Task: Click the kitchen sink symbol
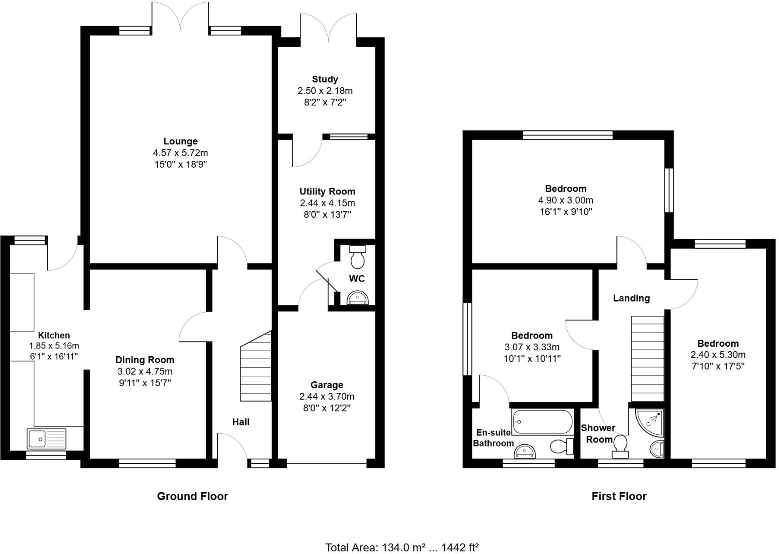pos(46,439)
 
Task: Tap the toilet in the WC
pos(357,257)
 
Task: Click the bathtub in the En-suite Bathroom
pos(542,422)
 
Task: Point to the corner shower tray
pos(650,421)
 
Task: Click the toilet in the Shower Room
pos(620,446)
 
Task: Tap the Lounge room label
pos(181,141)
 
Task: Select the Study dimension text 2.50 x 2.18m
pos(325,91)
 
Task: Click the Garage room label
pos(327,385)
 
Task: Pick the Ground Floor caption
pos(192,496)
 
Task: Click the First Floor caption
pos(619,496)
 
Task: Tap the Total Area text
pos(402,547)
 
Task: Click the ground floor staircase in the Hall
pos(256,369)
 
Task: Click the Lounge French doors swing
pos(181,16)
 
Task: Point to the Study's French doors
pos(328,27)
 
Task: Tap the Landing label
pos(631,298)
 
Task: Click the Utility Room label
pos(327,191)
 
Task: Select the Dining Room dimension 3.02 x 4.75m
pos(145,371)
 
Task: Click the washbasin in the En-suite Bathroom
pos(525,451)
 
